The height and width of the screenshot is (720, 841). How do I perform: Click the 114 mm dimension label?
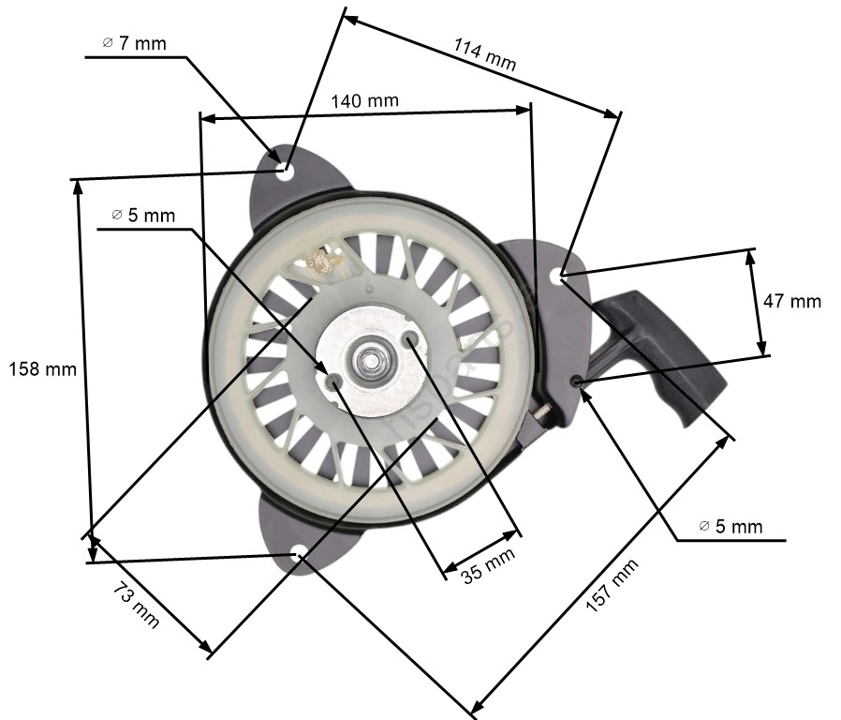tap(485, 54)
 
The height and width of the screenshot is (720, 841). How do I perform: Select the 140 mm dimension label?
tap(364, 101)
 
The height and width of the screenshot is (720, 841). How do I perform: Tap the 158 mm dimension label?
tap(42, 368)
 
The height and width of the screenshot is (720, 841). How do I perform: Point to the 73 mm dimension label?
tap(136, 607)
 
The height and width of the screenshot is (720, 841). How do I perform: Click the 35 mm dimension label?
tap(488, 564)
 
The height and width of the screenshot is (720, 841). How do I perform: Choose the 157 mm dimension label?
tap(612, 585)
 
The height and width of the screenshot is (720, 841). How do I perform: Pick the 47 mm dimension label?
tap(791, 301)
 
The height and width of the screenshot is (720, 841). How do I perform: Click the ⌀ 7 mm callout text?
tap(134, 43)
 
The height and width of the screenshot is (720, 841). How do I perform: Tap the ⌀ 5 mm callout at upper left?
tap(143, 216)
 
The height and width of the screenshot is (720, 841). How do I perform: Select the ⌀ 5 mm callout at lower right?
tap(731, 526)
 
